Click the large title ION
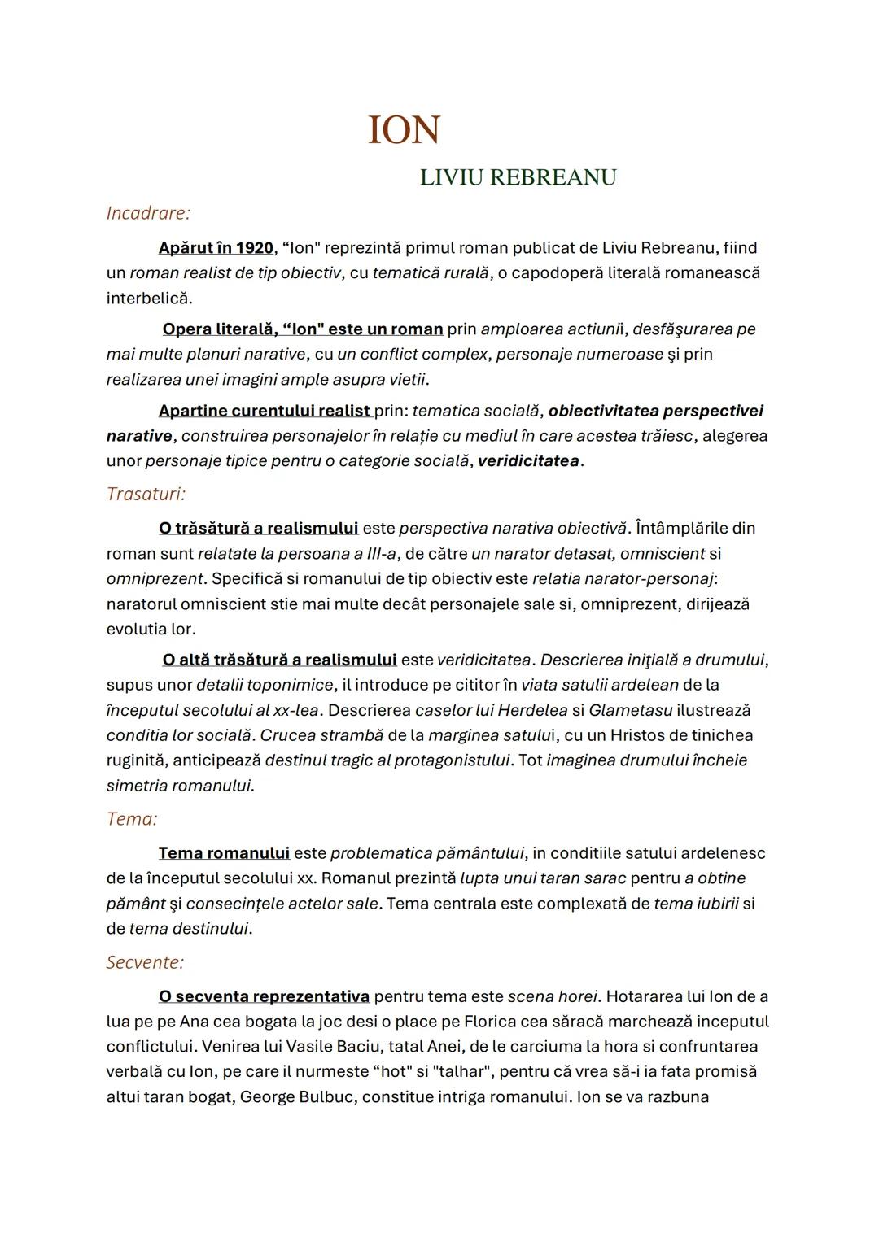pos(404,131)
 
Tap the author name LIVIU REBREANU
pos(518,177)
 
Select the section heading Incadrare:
pos(148,213)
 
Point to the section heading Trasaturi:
pos(146,494)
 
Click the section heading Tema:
pos(132,819)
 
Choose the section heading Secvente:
pos(145,962)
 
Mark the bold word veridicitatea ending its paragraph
pos(528,460)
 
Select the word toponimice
pos(291,685)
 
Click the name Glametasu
pos(630,710)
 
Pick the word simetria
pos(139,786)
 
